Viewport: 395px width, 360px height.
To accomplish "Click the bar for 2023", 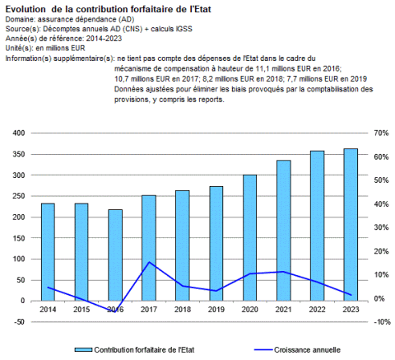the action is pos(351,225).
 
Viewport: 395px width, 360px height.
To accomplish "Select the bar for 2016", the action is pos(115,255).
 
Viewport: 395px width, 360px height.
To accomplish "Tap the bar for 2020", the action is pos(250,238).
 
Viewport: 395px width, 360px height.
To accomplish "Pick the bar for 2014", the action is pos(48,252).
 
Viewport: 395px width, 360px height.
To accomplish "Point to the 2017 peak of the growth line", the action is pos(149,262).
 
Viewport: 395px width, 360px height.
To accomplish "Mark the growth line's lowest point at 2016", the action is pos(115,312).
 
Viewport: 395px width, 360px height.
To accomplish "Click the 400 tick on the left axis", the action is pos(19,133).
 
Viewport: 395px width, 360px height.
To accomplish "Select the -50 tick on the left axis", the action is pos(19,322).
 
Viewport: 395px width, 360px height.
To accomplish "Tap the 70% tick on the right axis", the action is pos(381,133).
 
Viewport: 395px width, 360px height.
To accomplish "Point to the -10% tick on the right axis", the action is pos(382,322).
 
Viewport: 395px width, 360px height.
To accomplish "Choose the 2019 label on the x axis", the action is pos(216,310).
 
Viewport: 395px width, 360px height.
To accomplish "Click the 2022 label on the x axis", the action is pos(317,310).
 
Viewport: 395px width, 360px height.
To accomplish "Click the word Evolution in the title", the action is pos(26,9).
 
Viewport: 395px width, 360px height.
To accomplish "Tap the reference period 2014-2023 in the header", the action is pos(104,39).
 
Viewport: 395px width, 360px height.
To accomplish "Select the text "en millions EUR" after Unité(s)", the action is pos(60,48).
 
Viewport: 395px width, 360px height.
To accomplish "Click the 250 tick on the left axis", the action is pos(19,196).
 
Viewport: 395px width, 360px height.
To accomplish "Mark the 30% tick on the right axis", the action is pos(381,227).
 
